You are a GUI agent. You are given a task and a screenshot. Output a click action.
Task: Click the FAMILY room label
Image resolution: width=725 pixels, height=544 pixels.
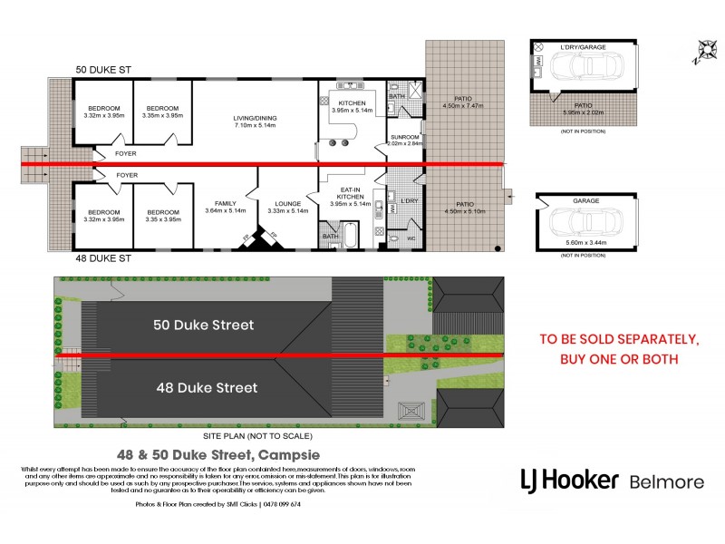(226, 204)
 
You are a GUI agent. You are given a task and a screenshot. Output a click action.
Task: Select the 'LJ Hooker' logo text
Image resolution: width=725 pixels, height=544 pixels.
(570, 480)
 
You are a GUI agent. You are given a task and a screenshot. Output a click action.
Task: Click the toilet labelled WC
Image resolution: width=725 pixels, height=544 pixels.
(402, 238)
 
